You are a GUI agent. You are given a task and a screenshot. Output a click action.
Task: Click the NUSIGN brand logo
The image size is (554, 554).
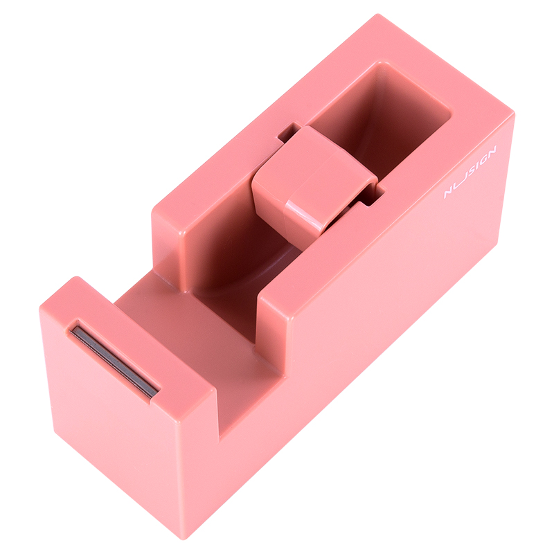click(x=470, y=171)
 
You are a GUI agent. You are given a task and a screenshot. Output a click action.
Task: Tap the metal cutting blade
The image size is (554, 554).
click(x=115, y=360)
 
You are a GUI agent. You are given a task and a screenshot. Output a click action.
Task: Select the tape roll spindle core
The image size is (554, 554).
click(x=314, y=181)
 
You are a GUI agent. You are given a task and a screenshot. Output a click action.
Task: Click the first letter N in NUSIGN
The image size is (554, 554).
click(x=449, y=192)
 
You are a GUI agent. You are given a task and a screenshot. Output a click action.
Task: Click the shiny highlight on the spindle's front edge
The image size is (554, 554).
click(x=307, y=215)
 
